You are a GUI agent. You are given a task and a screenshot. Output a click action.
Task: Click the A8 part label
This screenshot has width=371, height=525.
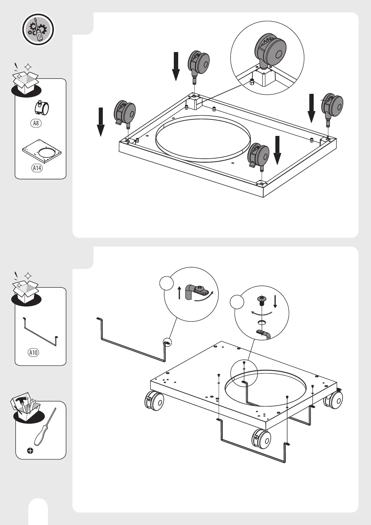click(x=36, y=123)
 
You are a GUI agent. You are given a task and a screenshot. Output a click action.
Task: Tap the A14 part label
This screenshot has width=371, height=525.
click(x=37, y=168)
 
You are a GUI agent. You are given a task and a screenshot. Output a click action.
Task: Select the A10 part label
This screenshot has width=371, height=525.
click(x=33, y=353)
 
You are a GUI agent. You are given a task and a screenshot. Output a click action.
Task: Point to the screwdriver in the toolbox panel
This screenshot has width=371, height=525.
click(x=45, y=427)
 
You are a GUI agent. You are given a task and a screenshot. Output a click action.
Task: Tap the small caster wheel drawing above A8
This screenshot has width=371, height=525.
click(x=42, y=108)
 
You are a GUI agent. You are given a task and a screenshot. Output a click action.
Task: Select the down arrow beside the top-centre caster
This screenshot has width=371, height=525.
click(x=176, y=66)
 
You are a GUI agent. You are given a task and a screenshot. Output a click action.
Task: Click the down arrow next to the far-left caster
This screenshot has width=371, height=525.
click(x=101, y=122)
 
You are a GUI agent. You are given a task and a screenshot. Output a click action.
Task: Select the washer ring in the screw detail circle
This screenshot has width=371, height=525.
click(x=262, y=322)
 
